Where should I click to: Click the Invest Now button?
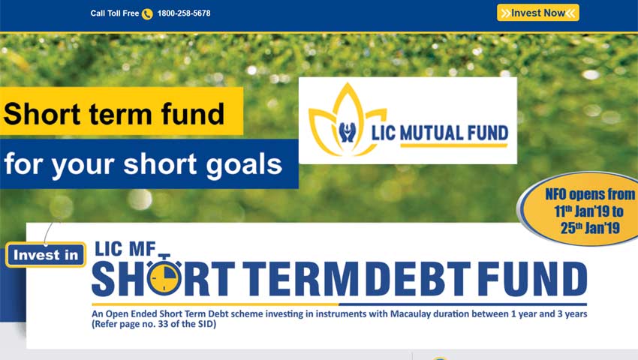tap(537, 13)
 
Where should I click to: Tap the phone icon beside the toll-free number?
tap(147, 13)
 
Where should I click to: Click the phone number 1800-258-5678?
tap(184, 13)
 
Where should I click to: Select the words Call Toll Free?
tap(115, 13)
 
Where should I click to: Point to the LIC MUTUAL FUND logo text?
tap(439, 133)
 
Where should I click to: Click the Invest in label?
tap(46, 255)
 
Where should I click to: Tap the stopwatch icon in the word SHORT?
tap(164, 277)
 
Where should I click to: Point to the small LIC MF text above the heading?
tap(123, 249)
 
